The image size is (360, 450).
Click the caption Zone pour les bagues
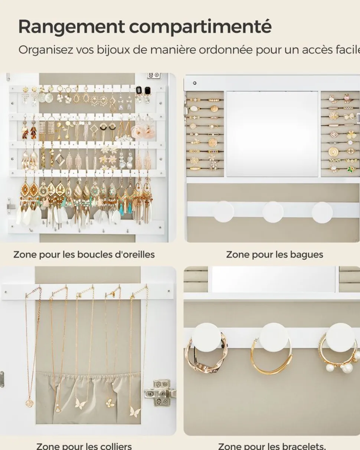click(275, 254)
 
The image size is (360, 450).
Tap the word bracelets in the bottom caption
click(303, 446)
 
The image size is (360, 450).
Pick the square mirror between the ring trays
click(272, 134)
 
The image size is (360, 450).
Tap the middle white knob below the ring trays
click(273, 212)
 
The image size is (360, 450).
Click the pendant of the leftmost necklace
click(30, 402)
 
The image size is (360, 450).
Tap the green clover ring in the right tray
click(351, 169)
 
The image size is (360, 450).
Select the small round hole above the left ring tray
click(195, 83)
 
